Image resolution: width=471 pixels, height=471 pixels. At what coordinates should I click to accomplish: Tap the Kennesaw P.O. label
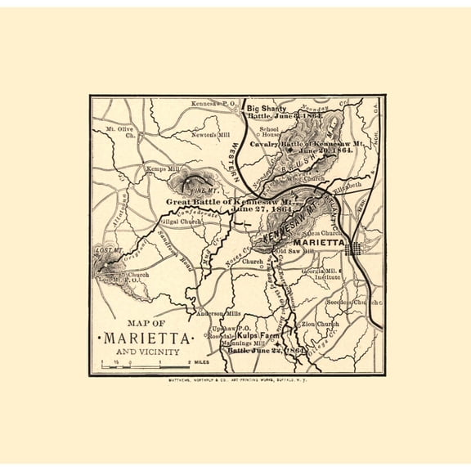tap(213, 105)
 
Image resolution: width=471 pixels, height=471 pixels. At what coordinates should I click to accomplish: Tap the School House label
tap(269, 133)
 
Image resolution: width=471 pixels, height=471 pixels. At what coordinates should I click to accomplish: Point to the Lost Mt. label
tap(108, 249)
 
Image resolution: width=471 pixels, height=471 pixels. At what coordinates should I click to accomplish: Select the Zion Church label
tap(320, 324)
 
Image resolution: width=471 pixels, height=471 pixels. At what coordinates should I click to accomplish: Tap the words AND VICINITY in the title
tap(146, 351)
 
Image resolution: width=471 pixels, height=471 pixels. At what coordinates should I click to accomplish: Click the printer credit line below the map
tap(236, 381)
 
